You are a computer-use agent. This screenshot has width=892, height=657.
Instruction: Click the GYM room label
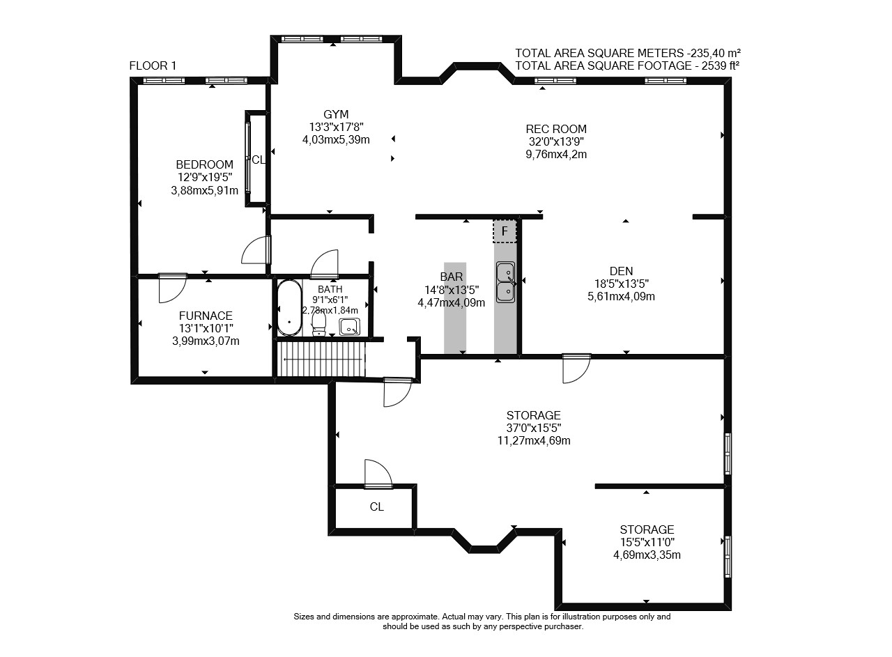point(336,115)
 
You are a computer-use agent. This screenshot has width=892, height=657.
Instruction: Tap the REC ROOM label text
point(556,129)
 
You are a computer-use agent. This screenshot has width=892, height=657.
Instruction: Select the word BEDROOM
point(205,164)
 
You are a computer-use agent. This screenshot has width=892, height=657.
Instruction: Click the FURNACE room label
point(206,316)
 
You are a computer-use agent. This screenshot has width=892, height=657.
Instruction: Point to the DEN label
point(621,271)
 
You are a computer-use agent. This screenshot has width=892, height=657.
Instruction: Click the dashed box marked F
point(505,231)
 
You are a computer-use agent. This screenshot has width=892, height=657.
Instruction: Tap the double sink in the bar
point(505,282)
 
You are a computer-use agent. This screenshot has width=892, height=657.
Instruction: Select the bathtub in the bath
point(289,308)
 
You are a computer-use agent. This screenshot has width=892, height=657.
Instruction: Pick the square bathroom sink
point(349,327)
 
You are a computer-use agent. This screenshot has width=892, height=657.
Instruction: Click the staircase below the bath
point(321,359)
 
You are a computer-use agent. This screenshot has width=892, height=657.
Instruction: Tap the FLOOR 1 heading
point(153,65)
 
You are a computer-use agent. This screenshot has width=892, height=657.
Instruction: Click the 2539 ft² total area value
point(721,65)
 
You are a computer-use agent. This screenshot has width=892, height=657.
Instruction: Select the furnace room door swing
point(172,288)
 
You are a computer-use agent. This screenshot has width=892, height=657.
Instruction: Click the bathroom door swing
point(325,264)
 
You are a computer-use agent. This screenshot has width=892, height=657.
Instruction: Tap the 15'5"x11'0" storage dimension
point(647,542)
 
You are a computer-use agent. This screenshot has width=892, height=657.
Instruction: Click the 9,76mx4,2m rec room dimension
point(556,155)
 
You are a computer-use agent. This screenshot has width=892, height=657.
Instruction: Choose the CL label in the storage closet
point(377,507)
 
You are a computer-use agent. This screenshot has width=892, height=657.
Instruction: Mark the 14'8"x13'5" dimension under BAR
point(452,290)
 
